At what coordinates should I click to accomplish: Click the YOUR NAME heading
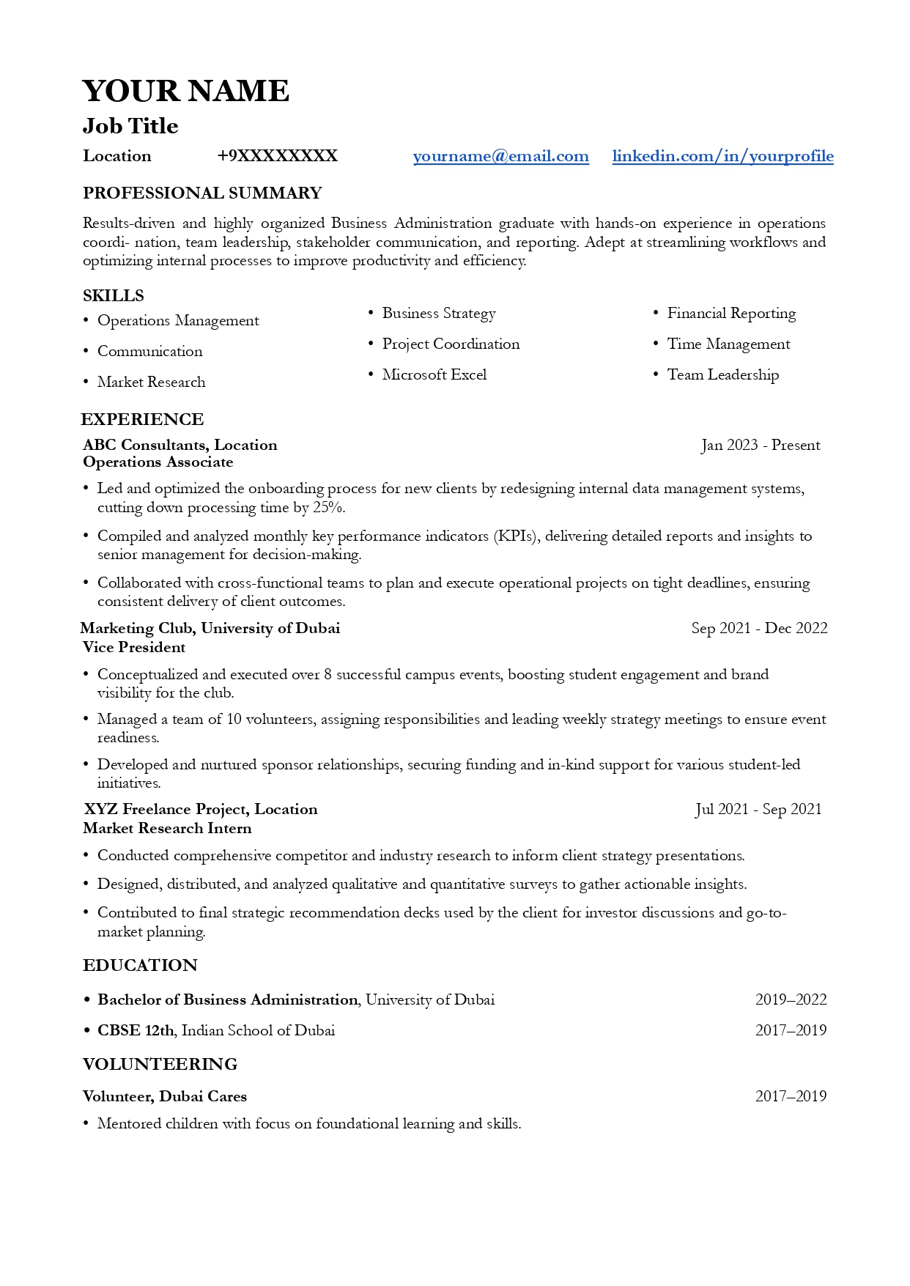click(x=185, y=91)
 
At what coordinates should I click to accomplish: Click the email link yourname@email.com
click(x=500, y=156)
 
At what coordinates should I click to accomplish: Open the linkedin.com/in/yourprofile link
click(x=722, y=156)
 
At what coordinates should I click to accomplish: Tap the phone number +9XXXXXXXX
click(x=277, y=156)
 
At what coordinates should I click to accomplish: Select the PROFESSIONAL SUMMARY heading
click(x=202, y=193)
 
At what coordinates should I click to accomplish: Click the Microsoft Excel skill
click(x=434, y=374)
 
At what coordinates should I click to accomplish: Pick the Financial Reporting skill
click(x=731, y=313)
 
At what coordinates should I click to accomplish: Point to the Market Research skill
click(x=151, y=382)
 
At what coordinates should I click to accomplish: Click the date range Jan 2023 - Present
click(x=761, y=445)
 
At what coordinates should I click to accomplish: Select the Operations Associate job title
click(x=158, y=462)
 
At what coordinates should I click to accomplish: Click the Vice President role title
click(x=134, y=647)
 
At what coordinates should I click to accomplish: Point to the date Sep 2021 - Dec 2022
click(x=759, y=628)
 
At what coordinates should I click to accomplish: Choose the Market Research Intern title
click(x=167, y=828)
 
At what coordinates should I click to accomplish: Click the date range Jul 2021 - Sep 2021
click(x=758, y=809)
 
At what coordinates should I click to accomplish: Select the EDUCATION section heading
click(x=140, y=965)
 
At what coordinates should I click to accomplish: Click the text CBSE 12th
click(x=136, y=1030)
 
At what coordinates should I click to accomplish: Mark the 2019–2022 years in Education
click(x=791, y=999)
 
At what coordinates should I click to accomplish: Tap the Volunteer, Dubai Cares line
click(x=165, y=1096)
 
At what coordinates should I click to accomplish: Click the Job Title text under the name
click(x=130, y=126)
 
